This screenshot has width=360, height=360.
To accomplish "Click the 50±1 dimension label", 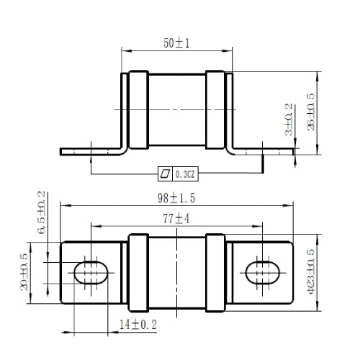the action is point(176,43).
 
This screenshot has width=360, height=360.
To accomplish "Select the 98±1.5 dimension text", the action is point(176,198).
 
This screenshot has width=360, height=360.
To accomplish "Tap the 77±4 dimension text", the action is point(176,219).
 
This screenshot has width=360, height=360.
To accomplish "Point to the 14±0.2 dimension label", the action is point(138,325).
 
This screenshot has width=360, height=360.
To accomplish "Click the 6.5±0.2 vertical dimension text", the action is point(41,212).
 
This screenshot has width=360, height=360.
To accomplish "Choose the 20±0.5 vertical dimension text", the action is point(24,272).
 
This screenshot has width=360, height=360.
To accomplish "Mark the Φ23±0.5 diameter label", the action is point(311,271).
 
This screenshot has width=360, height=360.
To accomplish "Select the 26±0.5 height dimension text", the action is point(311,112).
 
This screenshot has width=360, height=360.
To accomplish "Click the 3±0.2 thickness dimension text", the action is point(289,120).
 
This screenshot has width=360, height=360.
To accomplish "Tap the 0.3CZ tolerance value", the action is point(185,174).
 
